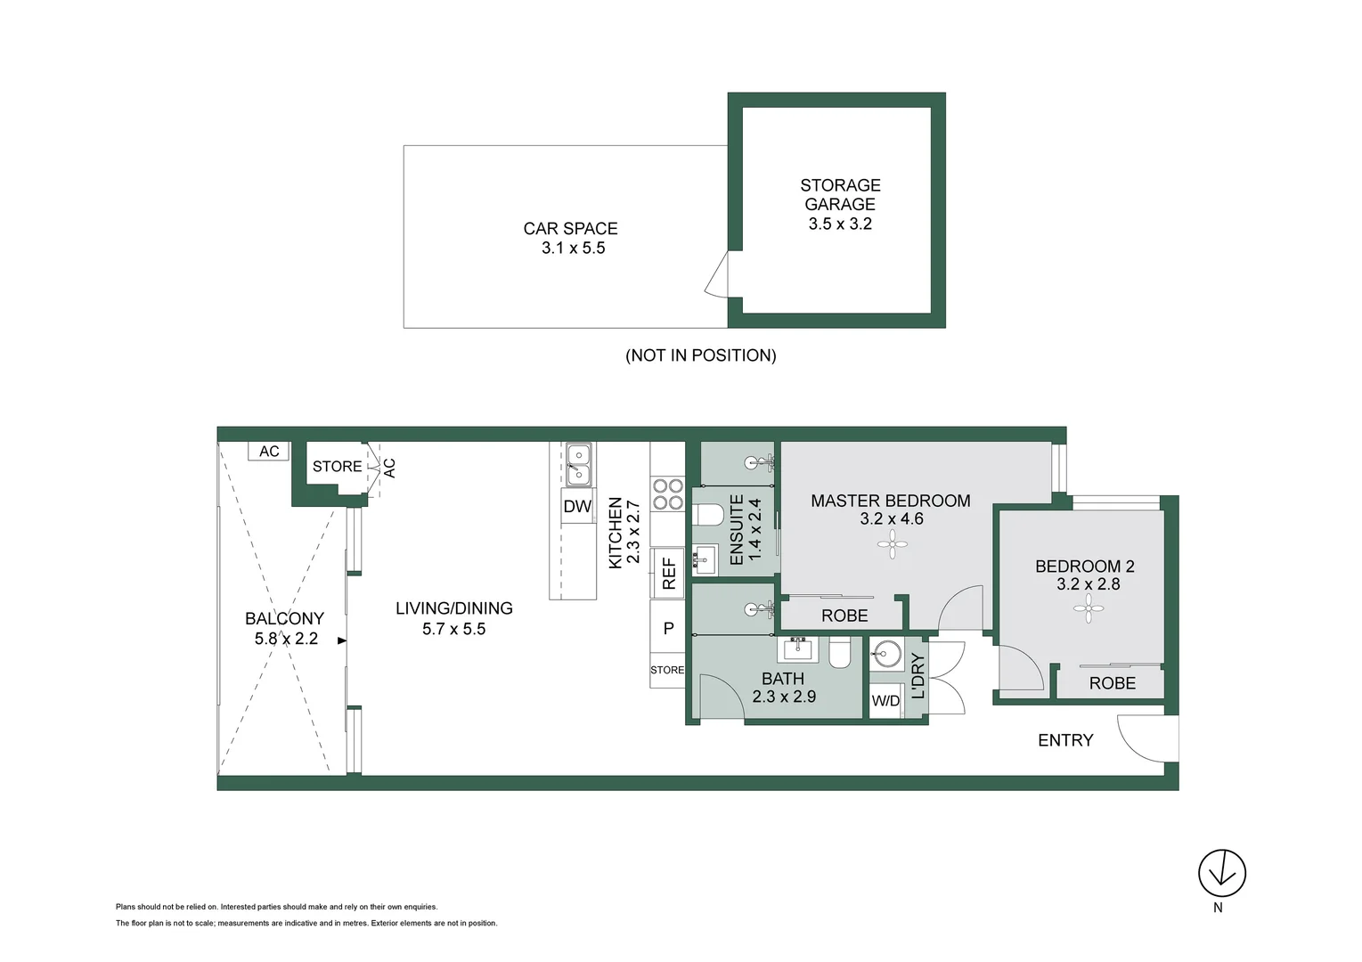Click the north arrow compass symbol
click(x=1221, y=873)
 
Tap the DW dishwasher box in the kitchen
click(x=577, y=506)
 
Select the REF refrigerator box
click(x=668, y=573)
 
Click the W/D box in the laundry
click(x=885, y=700)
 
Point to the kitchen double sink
click(x=578, y=464)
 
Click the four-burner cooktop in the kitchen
click(x=667, y=494)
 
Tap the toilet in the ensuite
click(x=710, y=515)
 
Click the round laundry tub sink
click(x=886, y=654)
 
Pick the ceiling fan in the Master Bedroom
click(x=893, y=544)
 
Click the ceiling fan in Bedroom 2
click(x=1088, y=609)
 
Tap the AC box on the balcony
click(x=269, y=452)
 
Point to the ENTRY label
click(x=1064, y=740)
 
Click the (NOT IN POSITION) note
click(x=700, y=355)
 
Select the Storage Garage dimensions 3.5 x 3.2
click(x=839, y=224)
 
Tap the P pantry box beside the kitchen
click(x=668, y=629)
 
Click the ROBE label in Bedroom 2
click(x=1112, y=683)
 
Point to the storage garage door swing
click(x=718, y=274)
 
